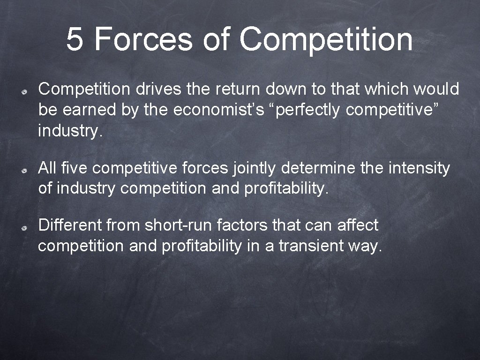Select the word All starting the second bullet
[47, 168]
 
